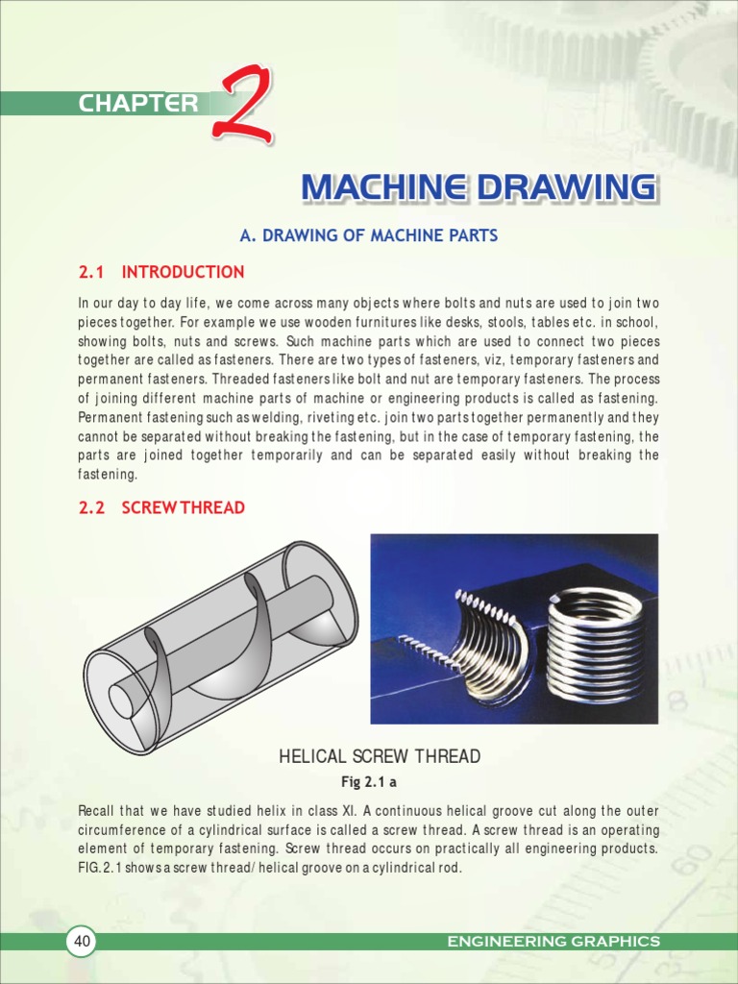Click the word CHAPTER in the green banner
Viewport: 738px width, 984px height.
pos(138,104)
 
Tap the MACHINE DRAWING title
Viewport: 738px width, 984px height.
pos(479,187)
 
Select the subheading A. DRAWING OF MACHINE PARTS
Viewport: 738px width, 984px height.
pos(368,235)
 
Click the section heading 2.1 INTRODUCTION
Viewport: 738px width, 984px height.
pos(161,272)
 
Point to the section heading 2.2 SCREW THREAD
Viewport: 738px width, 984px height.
pos(161,507)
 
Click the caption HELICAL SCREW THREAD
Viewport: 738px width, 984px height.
pos(380,757)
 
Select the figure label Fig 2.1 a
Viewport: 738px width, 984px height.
pos(369,781)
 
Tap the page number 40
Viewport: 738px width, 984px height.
pos(82,942)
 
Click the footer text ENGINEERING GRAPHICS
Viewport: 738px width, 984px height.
pos(553,942)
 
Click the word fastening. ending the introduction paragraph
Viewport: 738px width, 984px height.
pos(108,474)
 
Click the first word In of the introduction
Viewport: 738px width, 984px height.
pos(84,303)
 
